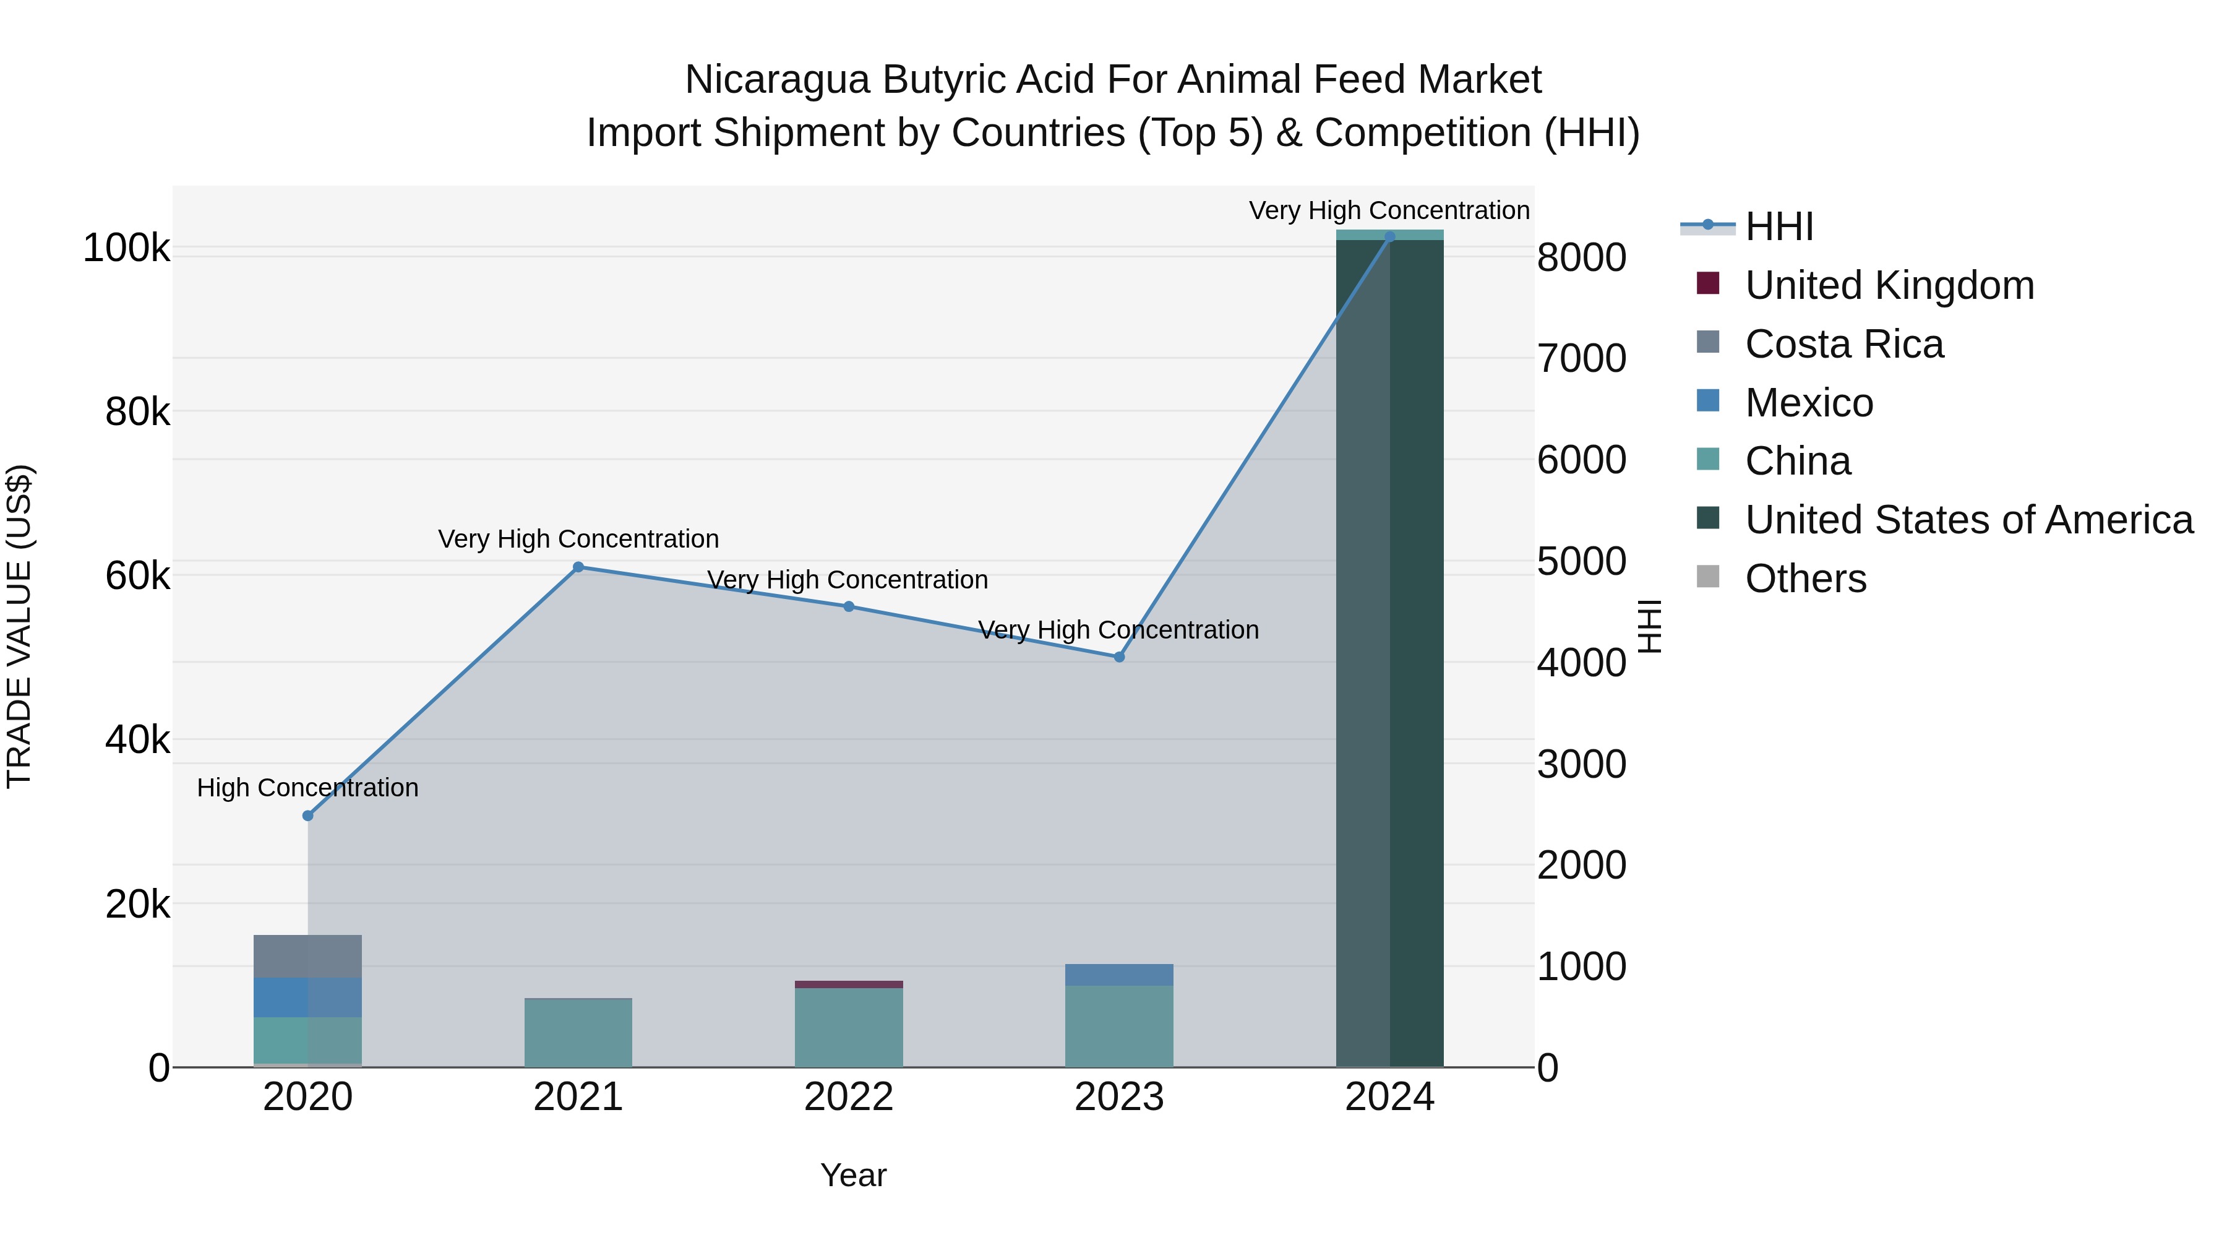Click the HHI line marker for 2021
point(578,567)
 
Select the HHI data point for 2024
point(1389,237)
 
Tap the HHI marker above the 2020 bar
point(308,816)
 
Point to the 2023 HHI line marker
point(1118,657)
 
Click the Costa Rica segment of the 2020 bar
point(308,957)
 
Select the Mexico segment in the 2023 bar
point(1118,975)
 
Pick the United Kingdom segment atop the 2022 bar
point(848,984)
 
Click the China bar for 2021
point(578,1033)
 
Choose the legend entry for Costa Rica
point(1843,344)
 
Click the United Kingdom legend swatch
point(1707,283)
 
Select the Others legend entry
point(1805,579)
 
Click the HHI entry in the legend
point(1779,226)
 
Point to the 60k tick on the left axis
point(137,576)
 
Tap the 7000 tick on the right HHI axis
point(1581,358)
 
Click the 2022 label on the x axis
point(848,1097)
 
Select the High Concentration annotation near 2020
point(308,788)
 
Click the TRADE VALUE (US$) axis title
point(19,626)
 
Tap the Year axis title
point(852,1175)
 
